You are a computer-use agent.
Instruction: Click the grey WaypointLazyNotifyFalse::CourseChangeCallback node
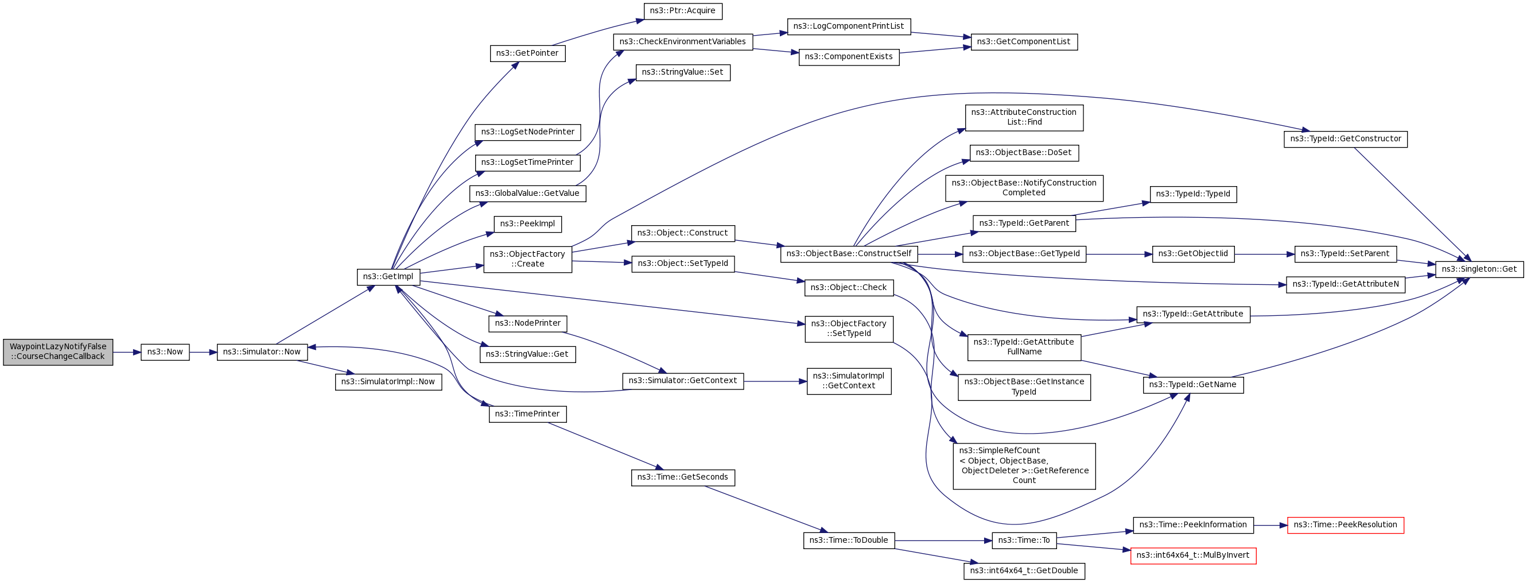(58, 352)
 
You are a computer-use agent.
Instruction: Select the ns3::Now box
(165, 352)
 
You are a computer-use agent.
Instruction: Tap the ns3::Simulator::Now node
(262, 352)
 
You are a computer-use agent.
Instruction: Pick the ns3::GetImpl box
(388, 277)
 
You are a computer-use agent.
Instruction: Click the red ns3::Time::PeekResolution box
(1345, 525)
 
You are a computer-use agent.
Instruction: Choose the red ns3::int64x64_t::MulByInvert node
(1192, 556)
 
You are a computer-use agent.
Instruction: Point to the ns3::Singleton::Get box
(1479, 269)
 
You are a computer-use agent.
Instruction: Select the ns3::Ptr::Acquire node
(682, 11)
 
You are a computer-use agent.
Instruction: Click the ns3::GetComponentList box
(1024, 42)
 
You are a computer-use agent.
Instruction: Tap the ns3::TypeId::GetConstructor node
(1345, 140)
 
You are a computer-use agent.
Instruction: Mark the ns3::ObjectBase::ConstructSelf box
(849, 254)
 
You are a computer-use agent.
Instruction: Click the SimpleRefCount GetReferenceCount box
(1024, 466)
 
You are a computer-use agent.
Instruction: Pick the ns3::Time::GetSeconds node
(682, 477)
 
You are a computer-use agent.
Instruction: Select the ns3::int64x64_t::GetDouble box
(1024, 571)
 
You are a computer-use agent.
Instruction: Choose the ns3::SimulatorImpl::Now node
(388, 382)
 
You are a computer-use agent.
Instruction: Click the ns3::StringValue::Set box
(682, 72)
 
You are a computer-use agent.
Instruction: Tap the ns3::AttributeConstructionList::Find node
(1024, 117)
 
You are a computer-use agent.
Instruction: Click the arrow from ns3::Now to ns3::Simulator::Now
(203, 352)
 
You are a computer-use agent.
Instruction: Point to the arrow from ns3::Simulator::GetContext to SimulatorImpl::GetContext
(775, 381)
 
